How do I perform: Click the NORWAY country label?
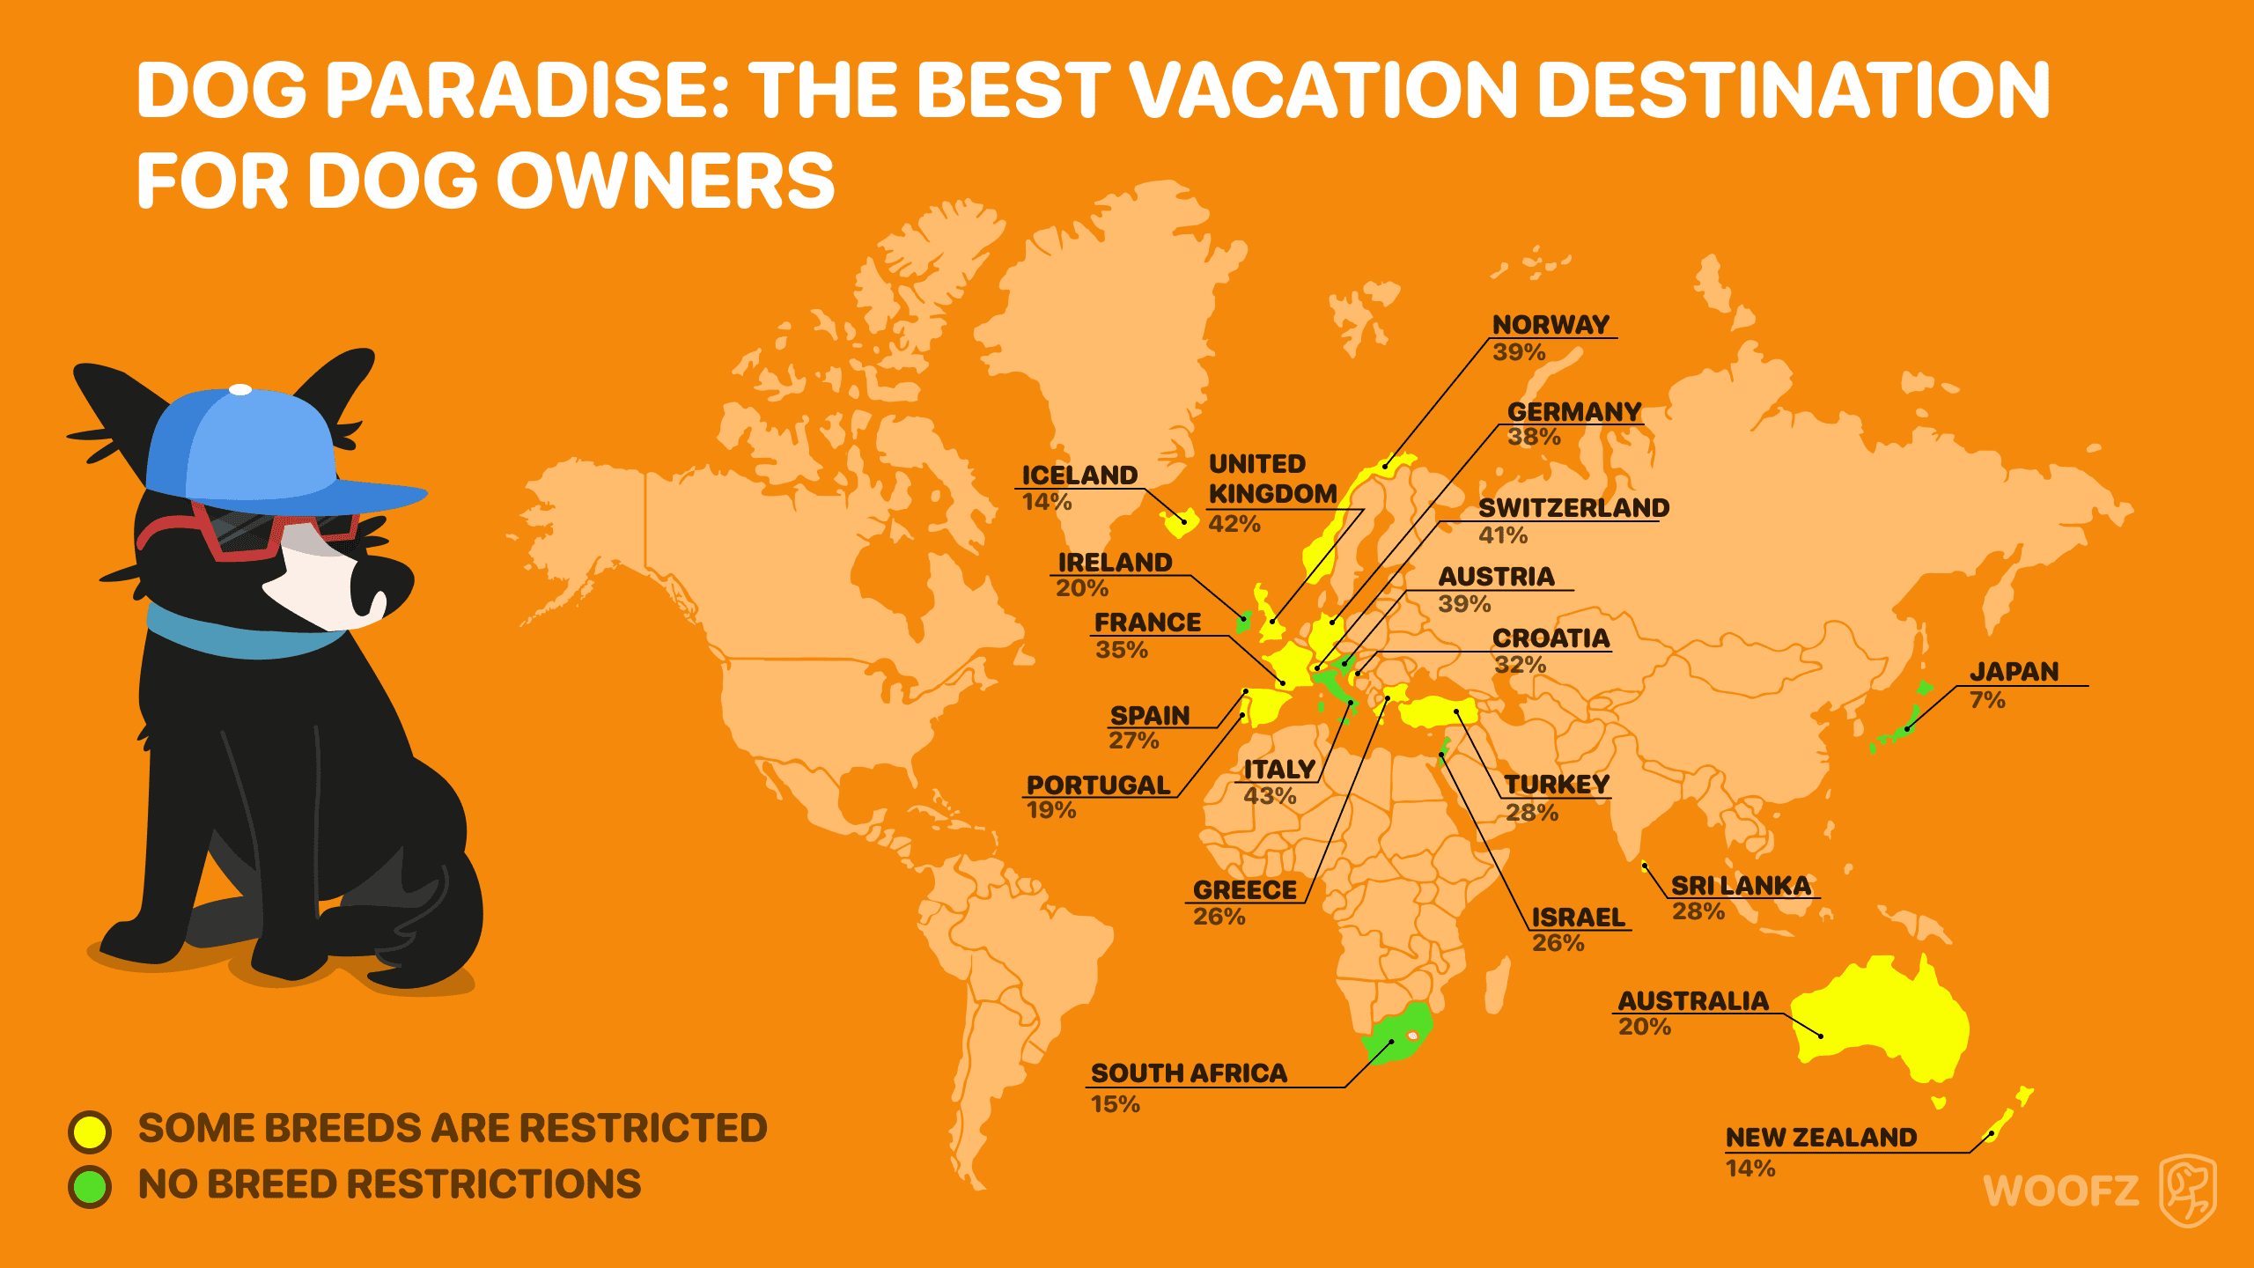tap(1551, 325)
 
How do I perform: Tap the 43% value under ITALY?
tap(1270, 796)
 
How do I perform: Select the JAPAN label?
tap(2014, 672)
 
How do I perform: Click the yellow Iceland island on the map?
tap(1180, 523)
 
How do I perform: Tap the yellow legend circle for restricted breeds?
tap(90, 1132)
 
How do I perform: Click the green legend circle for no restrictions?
tap(90, 1186)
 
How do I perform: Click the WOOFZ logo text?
tap(2060, 1191)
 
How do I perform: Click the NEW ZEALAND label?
tap(1821, 1138)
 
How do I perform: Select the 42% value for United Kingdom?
tap(1234, 524)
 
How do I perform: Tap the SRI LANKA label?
tap(1741, 886)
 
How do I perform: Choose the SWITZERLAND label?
tap(1573, 508)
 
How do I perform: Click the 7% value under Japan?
tap(1987, 700)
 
